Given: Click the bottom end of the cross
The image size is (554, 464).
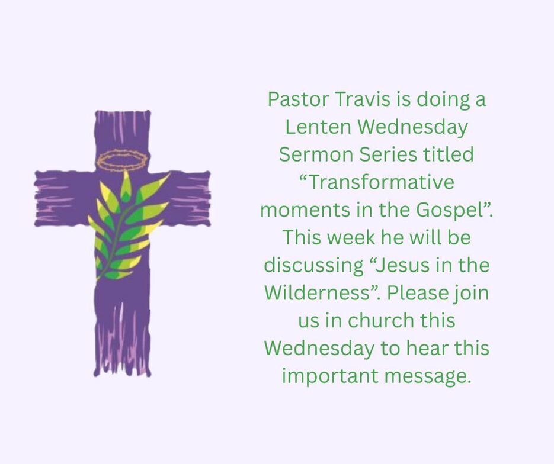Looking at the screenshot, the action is click(x=122, y=375).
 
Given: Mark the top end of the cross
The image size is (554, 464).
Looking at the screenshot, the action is click(x=123, y=112).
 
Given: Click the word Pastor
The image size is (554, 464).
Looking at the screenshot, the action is click(x=298, y=99).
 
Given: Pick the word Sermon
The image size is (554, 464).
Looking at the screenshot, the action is click(x=316, y=154).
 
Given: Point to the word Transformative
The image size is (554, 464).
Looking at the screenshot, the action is click(x=377, y=182).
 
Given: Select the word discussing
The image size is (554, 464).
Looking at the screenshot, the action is click(x=314, y=265).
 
